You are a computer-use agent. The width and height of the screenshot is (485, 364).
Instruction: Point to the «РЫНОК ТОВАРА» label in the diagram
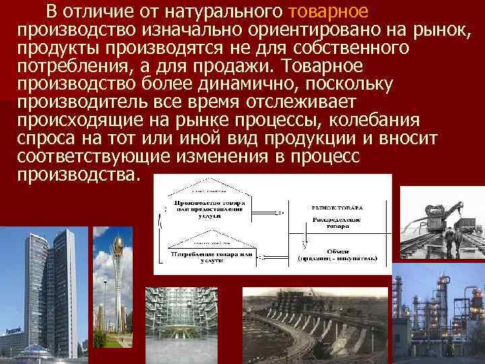pyautogui.click(x=336, y=208)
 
